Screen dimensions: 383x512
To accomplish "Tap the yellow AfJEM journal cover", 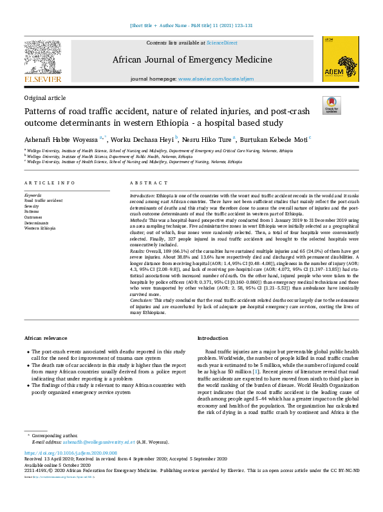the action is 340,58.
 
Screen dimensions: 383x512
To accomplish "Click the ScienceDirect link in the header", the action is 221,43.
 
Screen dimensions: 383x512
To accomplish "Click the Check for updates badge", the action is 331,105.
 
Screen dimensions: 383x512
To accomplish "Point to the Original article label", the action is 44,97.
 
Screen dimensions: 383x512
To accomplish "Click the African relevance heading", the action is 46,339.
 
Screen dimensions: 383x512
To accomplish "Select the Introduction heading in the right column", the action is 212,339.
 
